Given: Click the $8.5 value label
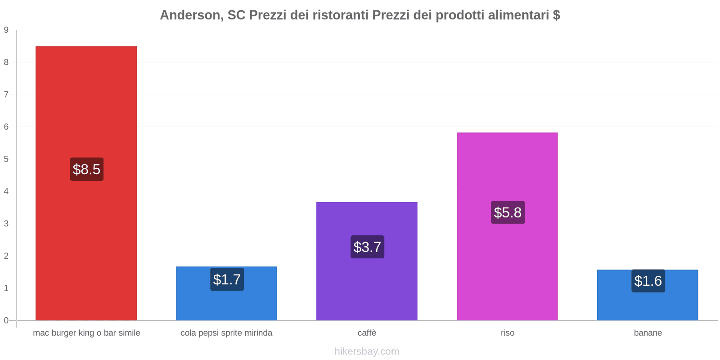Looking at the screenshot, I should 86,169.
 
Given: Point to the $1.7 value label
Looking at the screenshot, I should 227,279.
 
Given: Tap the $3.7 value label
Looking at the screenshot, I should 367,247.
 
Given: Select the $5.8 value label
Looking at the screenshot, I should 508,212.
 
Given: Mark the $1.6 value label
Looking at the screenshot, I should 648,281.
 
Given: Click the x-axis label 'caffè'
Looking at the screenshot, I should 367,333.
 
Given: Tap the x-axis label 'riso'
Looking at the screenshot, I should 508,333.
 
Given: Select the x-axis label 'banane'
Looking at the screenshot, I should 648,333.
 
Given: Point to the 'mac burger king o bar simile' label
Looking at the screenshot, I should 86,333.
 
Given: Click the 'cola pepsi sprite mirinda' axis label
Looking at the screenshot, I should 226,333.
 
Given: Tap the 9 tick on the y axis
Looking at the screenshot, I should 6,30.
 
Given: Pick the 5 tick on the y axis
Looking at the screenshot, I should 6,159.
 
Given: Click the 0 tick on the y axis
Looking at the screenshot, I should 6,320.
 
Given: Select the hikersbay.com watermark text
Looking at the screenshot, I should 367,351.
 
